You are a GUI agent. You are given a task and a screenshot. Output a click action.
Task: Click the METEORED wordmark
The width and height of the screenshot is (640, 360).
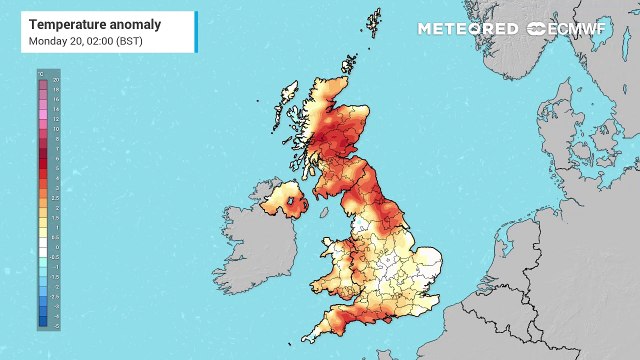468,28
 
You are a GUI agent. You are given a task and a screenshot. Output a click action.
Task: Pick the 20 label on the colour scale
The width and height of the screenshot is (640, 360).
55,78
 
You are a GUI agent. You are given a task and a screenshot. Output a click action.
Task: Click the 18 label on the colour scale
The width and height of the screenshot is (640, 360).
55,88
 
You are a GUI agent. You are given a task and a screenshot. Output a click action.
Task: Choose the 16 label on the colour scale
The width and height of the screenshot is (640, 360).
55,98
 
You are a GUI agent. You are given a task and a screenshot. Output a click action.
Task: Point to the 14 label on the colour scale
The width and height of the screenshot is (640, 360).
55,108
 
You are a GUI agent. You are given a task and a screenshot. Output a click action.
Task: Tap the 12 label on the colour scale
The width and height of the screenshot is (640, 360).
55,118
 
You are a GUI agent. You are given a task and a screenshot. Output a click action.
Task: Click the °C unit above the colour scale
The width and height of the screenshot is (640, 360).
42,72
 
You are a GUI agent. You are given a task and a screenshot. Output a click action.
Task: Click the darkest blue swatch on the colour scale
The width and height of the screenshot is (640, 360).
43,321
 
